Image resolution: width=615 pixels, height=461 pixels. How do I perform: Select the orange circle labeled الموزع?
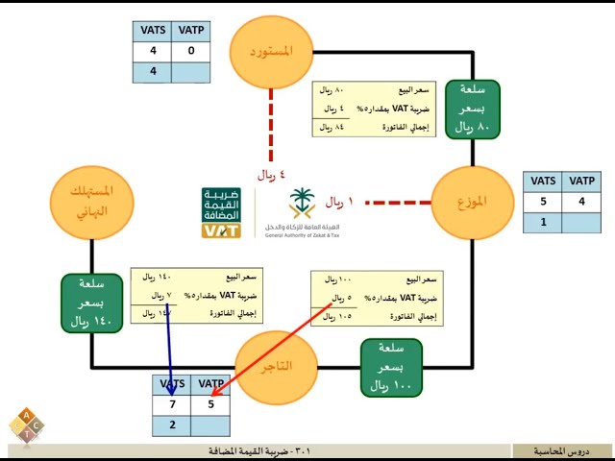(471, 203)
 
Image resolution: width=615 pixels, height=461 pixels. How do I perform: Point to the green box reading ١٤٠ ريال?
(91, 303)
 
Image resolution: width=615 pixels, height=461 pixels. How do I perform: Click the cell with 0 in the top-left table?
(191, 51)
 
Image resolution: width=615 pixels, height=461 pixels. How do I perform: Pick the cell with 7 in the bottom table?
(172, 404)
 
